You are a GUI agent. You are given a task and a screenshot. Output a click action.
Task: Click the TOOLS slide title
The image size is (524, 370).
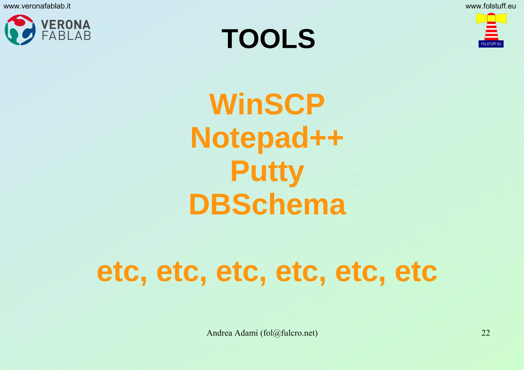pyautogui.click(x=268, y=39)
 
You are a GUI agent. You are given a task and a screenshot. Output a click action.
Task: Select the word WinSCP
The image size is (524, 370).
pyautogui.click(x=267, y=105)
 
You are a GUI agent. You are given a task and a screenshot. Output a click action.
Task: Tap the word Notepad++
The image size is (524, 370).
pyautogui.click(x=267, y=138)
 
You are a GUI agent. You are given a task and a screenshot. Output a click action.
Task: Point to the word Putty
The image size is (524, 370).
pyautogui.click(x=267, y=171)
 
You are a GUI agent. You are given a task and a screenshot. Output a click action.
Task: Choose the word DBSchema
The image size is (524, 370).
pyautogui.click(x=267, y=205)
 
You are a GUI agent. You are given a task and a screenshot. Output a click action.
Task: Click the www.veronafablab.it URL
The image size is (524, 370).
pyautogui.click(x=37, y=6)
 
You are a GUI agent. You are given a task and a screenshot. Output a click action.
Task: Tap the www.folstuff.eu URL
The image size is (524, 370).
pyautogui.click(x=490, y=6)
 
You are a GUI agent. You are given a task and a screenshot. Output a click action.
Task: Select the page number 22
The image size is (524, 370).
pyautogui.click(x=486, y=333)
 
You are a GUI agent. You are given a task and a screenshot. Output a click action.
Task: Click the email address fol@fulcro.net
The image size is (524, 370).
pyautogui.click(x=289, y=333)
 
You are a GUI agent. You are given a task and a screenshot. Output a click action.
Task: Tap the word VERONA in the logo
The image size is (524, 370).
pyautogui.click(x=66, y=25)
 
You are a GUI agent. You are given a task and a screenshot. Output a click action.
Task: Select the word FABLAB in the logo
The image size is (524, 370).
pyautogui.click(x=66, y=36)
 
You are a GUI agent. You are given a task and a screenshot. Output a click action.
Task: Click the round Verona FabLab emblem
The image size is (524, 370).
pyautogui.click(x=20, y=30)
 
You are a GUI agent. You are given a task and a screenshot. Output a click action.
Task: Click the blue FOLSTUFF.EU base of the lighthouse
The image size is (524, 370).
pyautogui.click(x=491, y=44)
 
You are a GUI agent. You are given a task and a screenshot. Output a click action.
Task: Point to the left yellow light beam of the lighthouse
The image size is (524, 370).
pyautogui.click(x=481, y=18)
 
